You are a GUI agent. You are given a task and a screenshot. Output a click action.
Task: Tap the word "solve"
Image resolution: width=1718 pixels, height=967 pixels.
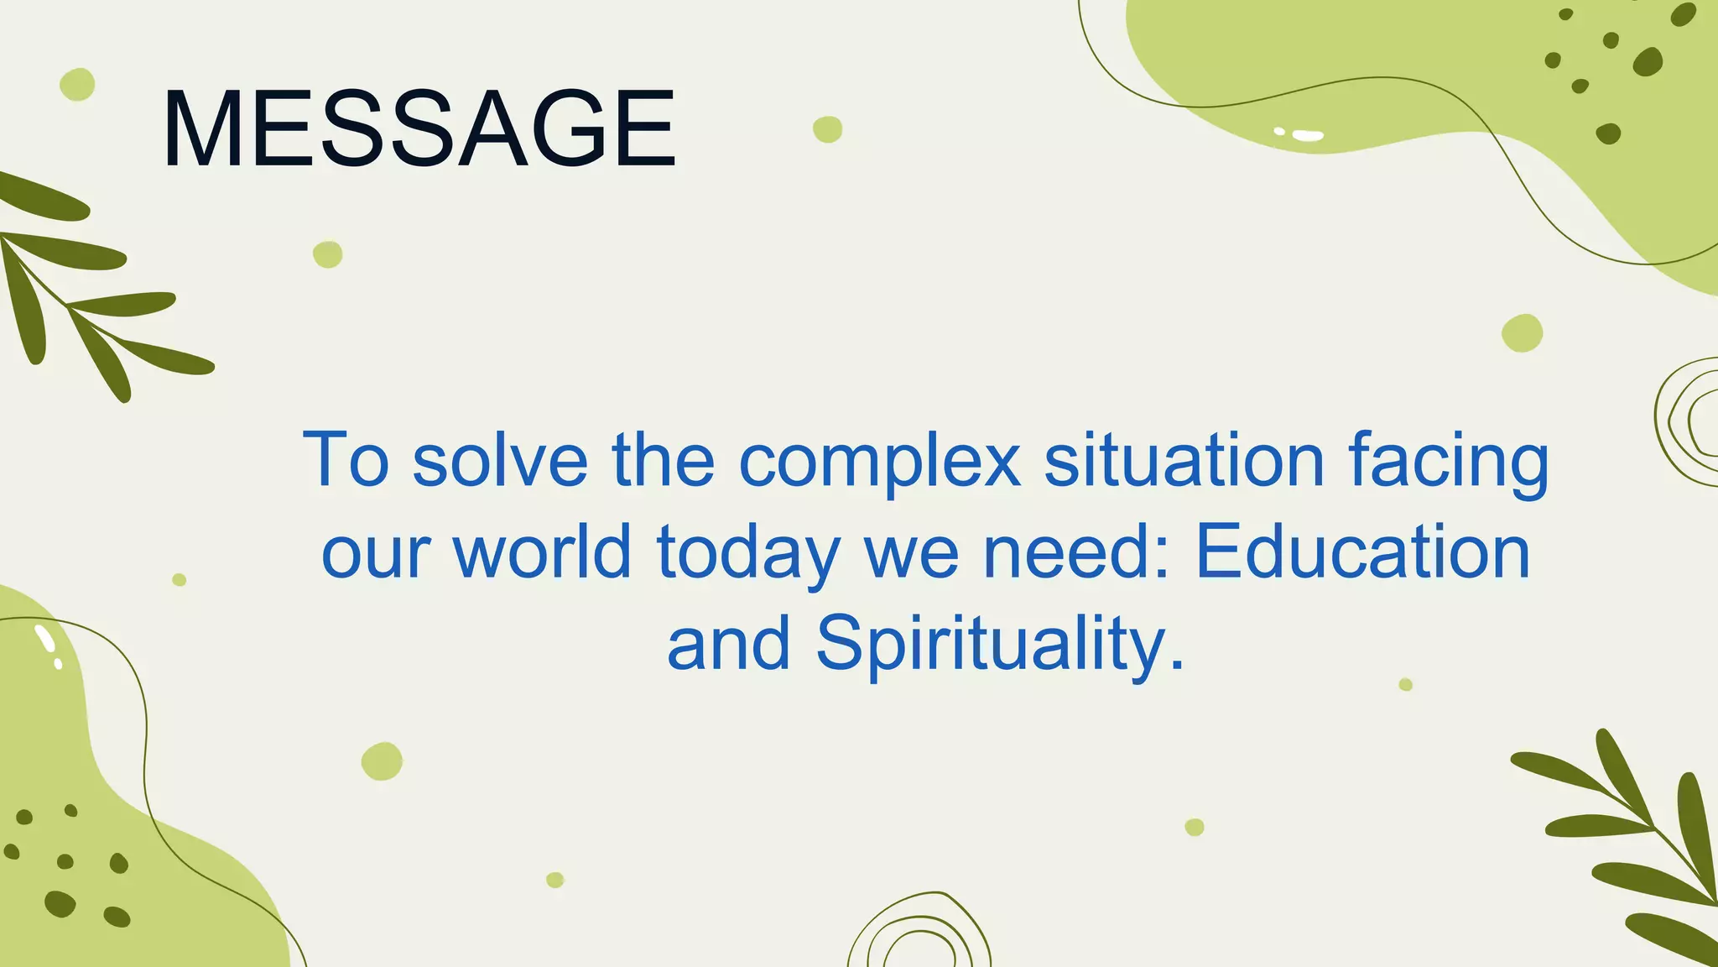(500, 460)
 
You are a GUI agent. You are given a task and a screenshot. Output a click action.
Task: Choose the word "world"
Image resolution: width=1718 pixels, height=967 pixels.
(542, 551)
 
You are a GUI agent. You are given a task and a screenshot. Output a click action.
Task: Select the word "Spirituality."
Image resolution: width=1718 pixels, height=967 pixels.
(1001, 645)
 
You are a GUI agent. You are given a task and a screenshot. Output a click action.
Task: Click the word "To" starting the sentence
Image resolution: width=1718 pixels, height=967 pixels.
(346, 459)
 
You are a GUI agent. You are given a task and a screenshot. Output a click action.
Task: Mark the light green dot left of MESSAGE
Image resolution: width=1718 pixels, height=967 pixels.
(77, 84)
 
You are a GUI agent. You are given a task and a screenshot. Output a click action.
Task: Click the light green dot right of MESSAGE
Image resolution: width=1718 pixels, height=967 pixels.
(827, 129)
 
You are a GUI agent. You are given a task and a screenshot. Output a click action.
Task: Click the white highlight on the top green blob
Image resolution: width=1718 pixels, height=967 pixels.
(1307, 135)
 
